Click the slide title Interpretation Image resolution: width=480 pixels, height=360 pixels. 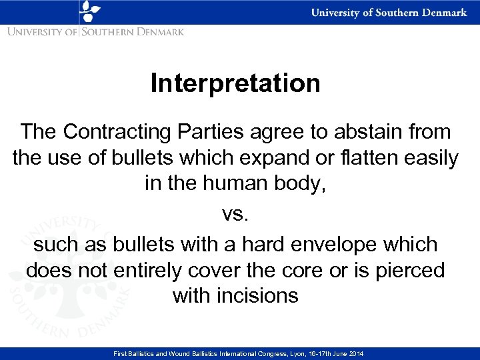[235, 85]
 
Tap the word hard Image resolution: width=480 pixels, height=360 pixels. [243, 245]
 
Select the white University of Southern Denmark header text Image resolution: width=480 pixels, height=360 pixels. [389, 13]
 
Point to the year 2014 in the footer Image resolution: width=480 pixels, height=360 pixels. [355, 353]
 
